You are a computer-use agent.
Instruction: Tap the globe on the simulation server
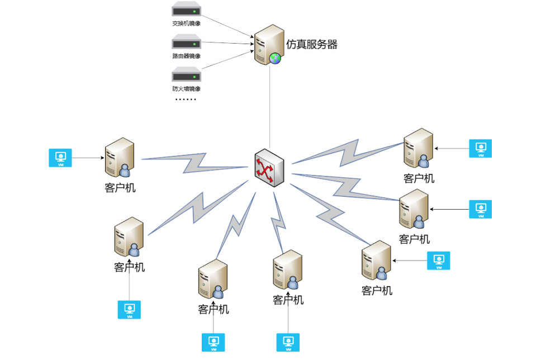(275, 58)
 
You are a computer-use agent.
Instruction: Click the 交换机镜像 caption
(186, 23)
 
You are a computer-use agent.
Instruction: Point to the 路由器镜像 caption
(186, 56)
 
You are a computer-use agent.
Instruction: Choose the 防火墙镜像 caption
(186, 88)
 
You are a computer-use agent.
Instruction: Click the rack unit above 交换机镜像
(186, 10)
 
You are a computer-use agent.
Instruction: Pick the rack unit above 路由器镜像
(186, 42)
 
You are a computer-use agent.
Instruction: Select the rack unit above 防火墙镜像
(186, 75)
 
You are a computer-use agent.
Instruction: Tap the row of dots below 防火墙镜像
(186, 100)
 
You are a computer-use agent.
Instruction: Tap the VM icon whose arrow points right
(61, 158)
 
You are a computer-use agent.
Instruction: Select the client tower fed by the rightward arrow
(119, 158)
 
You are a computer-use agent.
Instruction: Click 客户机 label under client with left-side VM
(120, 187)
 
